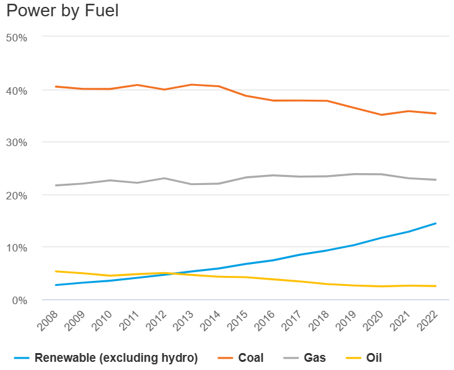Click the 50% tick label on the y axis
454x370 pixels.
(x=16, y=38)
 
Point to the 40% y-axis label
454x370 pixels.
(x=16, y=90)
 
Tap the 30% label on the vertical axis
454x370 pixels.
(x=16, y=142)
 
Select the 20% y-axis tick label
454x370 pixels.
(x=16, y=195)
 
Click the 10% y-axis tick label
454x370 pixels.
(x=16, y=247)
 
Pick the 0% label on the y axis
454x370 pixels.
(x=19, y=300)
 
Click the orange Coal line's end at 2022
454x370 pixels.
(x=436, y=114)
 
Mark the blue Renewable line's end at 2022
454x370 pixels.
(x=436, y=223)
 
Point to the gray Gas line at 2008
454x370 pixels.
(x=56, y=185)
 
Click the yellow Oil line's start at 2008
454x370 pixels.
(x=56, y=272)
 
